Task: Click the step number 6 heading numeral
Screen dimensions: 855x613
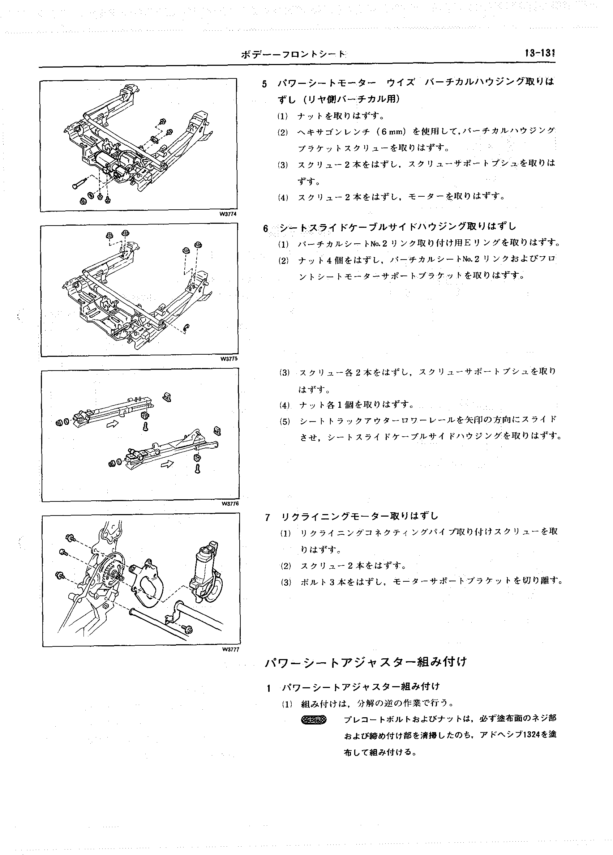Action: point(265,229)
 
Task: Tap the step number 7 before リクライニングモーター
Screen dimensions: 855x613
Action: point(268,517)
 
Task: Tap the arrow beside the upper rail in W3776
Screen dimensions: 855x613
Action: point(113,424)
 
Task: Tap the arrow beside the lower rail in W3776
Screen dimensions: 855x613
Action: point(167,464)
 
